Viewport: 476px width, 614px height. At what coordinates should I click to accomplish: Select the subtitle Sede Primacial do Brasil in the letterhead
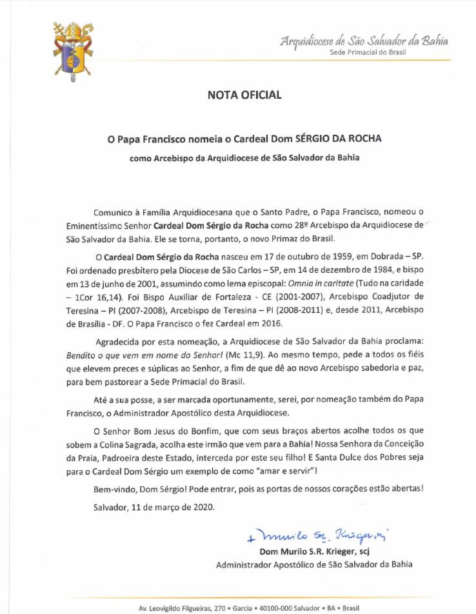pos(368,52)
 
